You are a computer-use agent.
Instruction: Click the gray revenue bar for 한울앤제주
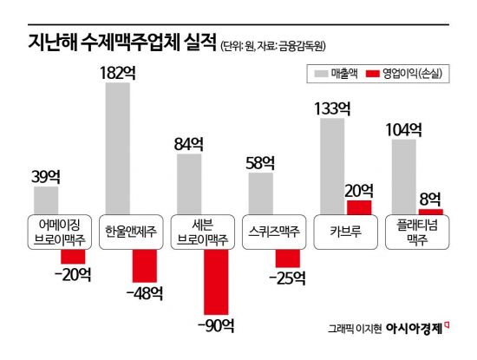pos(118,147)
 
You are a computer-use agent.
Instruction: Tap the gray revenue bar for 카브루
pos(333,165)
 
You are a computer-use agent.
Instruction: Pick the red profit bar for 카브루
pos(359,206)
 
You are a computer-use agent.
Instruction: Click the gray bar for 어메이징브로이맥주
pos(47,199)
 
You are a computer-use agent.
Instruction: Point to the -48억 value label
pos(143,293)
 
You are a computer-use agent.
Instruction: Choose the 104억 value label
pos(404,130)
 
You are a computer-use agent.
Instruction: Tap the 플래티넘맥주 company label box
pos(418,231)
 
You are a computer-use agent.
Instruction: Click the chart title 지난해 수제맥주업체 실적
pos(110,43)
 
